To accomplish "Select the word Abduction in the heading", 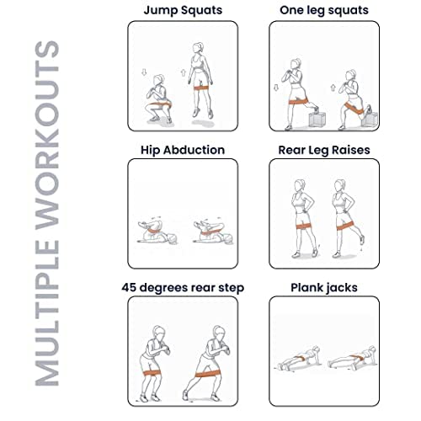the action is click(x=194, y=150).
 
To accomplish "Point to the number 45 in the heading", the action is click(x=129, y=287).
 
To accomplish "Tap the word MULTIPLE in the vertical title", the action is click(x=47, y=313).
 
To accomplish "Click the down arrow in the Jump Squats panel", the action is click(x=144, y=72).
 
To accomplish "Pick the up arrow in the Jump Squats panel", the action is click(x=184, y=72).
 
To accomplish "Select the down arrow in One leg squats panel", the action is click(x=276, y=88).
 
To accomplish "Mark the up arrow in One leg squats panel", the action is click(x=333, y=88).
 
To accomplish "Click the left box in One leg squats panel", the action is click(x=317, y=120).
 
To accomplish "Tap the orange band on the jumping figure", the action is click(x=201, y=88).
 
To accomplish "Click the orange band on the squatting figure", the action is click(x=159, y=105).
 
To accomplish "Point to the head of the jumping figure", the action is click(x=198, y=48).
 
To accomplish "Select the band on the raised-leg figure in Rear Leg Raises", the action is click(x=345, y=225).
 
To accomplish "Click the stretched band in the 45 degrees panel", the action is click(x=208, y=374).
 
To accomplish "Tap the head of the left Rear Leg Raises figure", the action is click(x=300, y=185).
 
